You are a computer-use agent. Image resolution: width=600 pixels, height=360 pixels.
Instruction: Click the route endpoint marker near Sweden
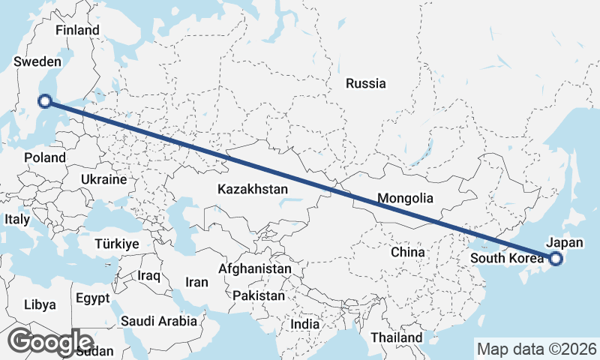tap(45, 100)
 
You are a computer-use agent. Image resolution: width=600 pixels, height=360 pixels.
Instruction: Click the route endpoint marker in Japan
tap(556, 259)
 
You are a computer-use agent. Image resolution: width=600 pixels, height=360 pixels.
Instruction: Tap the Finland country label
tap(77, 30)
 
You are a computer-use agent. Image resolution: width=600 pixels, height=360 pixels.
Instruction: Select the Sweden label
tap(36, 62)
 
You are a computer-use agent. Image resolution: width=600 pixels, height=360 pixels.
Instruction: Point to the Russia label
tap(366, 83)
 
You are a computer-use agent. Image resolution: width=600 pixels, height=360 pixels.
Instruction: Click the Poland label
tap(45, 157)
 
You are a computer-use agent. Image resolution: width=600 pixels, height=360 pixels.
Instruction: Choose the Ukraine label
tap(104, 180)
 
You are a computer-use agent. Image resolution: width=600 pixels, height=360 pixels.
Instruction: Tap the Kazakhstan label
tap(253, 190)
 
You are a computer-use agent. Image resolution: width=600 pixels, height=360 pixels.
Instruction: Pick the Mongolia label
tap(406, 199)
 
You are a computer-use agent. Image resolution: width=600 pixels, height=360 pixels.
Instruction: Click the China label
tap(407, 252)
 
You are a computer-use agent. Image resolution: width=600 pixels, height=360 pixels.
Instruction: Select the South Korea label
tap(506, 259)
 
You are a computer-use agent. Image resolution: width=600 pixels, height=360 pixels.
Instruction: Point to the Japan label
tap(565, 242)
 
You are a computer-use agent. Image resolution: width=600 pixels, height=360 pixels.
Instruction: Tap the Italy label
tap(16, 220)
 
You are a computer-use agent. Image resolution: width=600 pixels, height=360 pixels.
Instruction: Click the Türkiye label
tap(117, 244)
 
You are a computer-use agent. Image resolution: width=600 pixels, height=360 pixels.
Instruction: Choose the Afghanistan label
tap(255, 268)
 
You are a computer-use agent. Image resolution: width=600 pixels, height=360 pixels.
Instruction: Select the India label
tap(305, 325)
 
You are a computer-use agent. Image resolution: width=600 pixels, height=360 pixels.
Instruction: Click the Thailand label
tap(397, 338)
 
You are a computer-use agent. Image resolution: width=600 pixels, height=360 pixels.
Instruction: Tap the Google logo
tap(50, 341)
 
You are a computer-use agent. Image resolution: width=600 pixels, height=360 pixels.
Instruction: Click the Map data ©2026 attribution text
tap(537, 349)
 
